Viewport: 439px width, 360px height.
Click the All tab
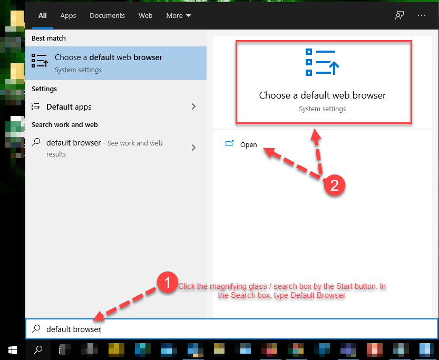click(x=43, y=16)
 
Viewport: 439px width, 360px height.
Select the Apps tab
click(x=68, y=16)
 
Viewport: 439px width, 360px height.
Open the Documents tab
click(x=107, y=16)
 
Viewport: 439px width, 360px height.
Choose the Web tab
click(x=145, y=16)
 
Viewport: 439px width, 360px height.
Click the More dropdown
click(x=179, y=16)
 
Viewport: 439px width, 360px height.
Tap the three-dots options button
click(x=422, y=15)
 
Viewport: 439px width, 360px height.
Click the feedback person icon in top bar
click(x=399, y=15)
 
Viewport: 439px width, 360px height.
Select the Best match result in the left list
click(x=116, y=63)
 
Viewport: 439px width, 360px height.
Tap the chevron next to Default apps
click(x=193, y=106)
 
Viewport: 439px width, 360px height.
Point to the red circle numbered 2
click(x=334, y=186)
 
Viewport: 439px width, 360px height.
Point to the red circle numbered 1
click(x=168, y=282)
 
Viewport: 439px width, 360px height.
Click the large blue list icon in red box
click(x=322, y=62)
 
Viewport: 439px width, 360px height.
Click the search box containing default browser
click(x=232, y=329)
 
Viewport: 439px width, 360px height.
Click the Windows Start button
click(x=13, y=349)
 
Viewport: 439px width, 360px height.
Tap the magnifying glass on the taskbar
click(x=38, y=349)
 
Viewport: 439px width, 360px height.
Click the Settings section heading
click(x=44, y=89)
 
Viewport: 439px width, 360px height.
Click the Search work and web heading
click(x=65, y=124)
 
